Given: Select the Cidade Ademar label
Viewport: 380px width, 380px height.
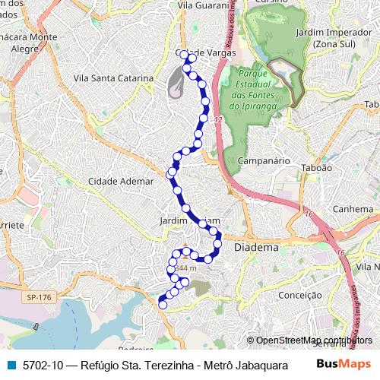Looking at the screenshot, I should (x=119, y=182).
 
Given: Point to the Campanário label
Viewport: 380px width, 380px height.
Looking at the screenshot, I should (x=264, y=161).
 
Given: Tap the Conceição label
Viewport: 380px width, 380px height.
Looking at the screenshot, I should (x=300, y=295).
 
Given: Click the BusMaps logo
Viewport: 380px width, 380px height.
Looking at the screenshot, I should (x=344, y=363).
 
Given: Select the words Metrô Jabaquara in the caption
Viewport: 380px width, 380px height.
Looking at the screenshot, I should (x=242, y=364).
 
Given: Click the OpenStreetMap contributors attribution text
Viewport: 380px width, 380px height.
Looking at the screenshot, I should (x=314, y=340).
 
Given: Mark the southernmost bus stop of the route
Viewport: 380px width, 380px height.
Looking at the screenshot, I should (x=161, y=305).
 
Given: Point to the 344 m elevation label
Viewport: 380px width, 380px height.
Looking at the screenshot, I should (x=185, y=268).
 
